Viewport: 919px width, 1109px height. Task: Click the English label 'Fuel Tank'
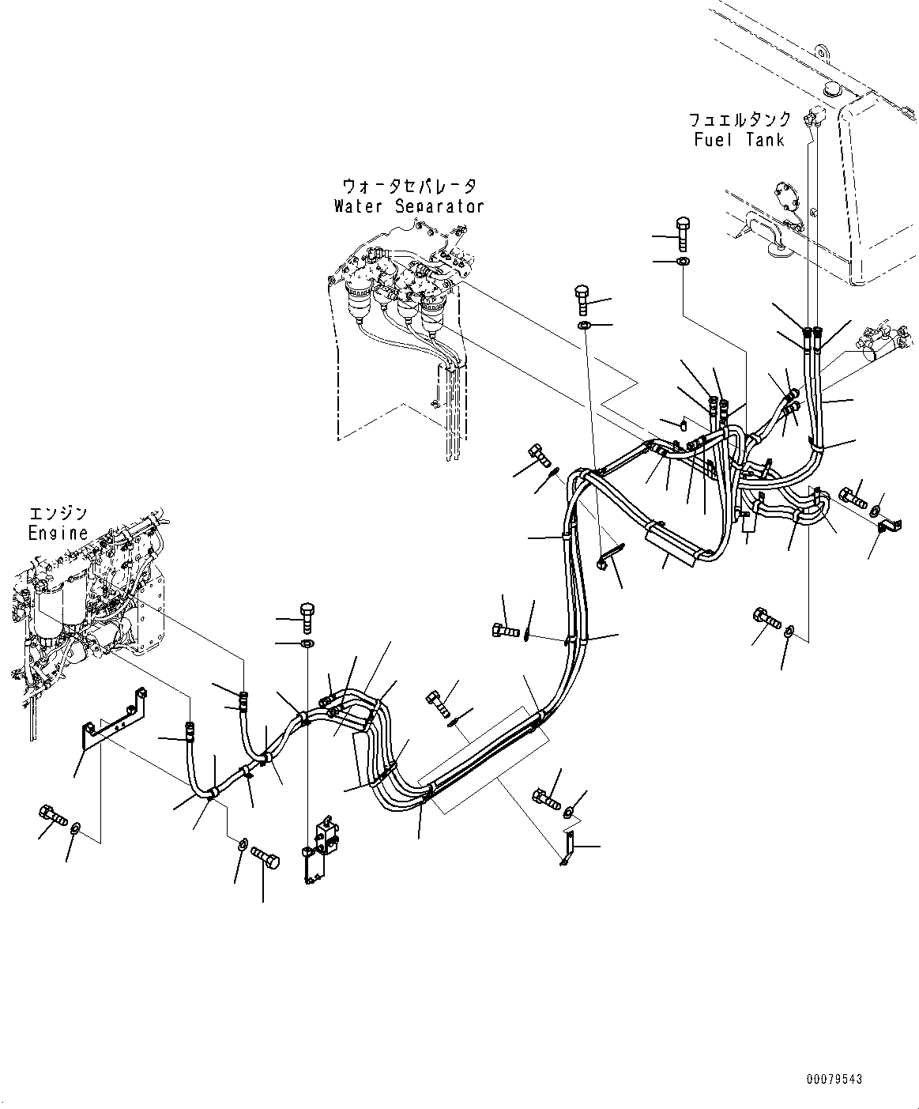(740, 140)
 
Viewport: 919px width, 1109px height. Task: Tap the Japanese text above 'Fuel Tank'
(740, 119)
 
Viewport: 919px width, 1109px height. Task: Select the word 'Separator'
(439, 206)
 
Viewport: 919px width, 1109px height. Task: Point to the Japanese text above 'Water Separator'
(409, 187)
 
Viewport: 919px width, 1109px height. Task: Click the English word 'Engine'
(58, 533)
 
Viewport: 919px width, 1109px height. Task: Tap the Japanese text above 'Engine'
(58, 514)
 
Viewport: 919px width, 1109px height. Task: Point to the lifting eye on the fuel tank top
(823, 53)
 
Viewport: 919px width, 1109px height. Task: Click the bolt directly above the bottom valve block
(307, 617)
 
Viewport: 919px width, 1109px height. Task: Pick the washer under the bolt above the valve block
(307, 643)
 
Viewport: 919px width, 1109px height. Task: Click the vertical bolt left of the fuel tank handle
(683, 234)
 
